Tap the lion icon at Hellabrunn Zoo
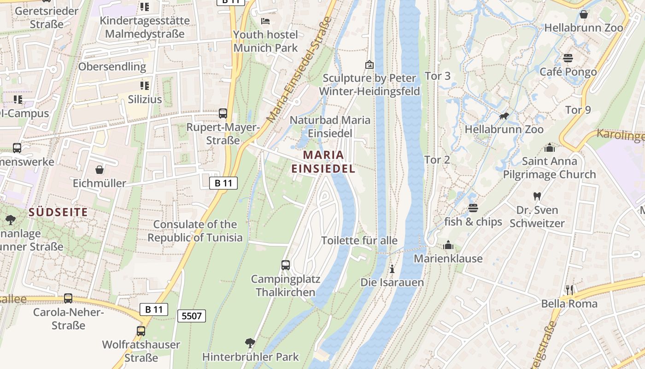(504, 116)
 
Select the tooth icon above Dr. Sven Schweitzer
(537, 196)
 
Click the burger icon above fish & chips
(473, 208)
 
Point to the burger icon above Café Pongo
(568, 58)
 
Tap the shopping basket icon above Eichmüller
(99, 170)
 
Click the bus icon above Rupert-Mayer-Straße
(223, 113)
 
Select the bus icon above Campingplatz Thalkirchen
(286, 265)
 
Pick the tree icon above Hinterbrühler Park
(250, 343)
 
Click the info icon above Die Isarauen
(392, 268)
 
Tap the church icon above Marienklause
(448, 245)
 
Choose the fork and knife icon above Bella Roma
(569, 290)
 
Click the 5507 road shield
(191, 316)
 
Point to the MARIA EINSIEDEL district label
(323, 161)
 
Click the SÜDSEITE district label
(58, 212)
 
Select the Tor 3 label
(437, 76)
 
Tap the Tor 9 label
(578, 110)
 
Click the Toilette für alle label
(359, 240)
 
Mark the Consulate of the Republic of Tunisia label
(195, 231)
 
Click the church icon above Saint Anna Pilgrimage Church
(549, 148)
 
